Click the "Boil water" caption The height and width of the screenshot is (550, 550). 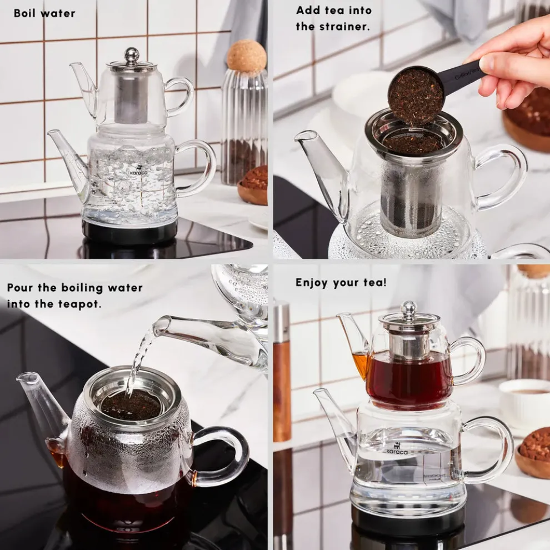coord(44,13)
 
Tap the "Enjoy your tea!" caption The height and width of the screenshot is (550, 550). coord(341,282)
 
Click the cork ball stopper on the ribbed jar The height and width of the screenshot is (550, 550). coord(246,56)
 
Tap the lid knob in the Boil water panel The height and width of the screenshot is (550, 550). coord(132,54)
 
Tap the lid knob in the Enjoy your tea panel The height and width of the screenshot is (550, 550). coord(409,308)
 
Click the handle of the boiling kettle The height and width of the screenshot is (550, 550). coord(200,167)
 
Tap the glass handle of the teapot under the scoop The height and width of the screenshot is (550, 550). coord(503,177)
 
